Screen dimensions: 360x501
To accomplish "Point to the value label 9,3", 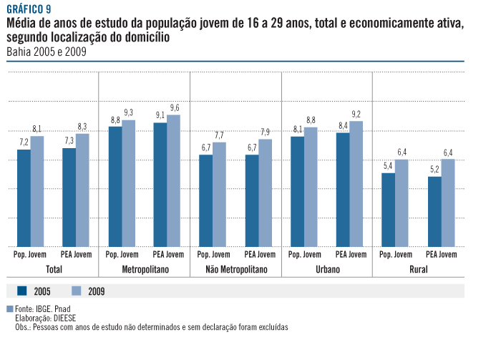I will click(128, 112).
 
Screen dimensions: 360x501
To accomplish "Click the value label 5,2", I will click(434, 170).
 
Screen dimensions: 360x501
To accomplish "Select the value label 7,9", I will click(265, 132).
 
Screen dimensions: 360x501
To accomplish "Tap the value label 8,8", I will click(115, 120).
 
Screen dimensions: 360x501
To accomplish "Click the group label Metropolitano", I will click(144, 270).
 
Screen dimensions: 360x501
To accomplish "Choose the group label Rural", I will click(418, 270).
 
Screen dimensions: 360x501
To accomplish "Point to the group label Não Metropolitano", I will click(235, 270).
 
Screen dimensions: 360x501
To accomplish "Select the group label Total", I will click(54, 270).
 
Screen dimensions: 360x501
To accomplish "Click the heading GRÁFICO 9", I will click(29, 9).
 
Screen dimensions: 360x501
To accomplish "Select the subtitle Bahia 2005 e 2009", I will click(44, 52).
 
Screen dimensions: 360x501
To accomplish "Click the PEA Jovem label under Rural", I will click(441, 254).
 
